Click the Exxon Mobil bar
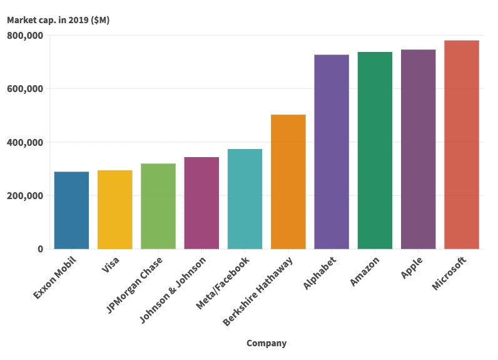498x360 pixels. point(71,210)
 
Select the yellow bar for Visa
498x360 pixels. point(115,210)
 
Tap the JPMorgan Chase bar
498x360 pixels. point(158,206)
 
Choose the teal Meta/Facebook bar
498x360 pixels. point(245,199)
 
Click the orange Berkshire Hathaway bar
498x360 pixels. point(288,182)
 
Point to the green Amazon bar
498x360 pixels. point(375,150)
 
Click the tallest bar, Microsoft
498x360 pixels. point(462,145)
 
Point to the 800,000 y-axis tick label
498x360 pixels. point(25,36)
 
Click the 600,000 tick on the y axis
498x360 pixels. point(25,89)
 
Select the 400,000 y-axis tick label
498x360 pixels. point(25,143)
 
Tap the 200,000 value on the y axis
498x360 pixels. point(25,196)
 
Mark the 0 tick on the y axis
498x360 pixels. point(40,249)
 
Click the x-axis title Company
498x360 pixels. point(267,343)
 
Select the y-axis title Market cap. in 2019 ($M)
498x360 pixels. point(58,20)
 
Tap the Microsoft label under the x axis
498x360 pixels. point(449,273)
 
